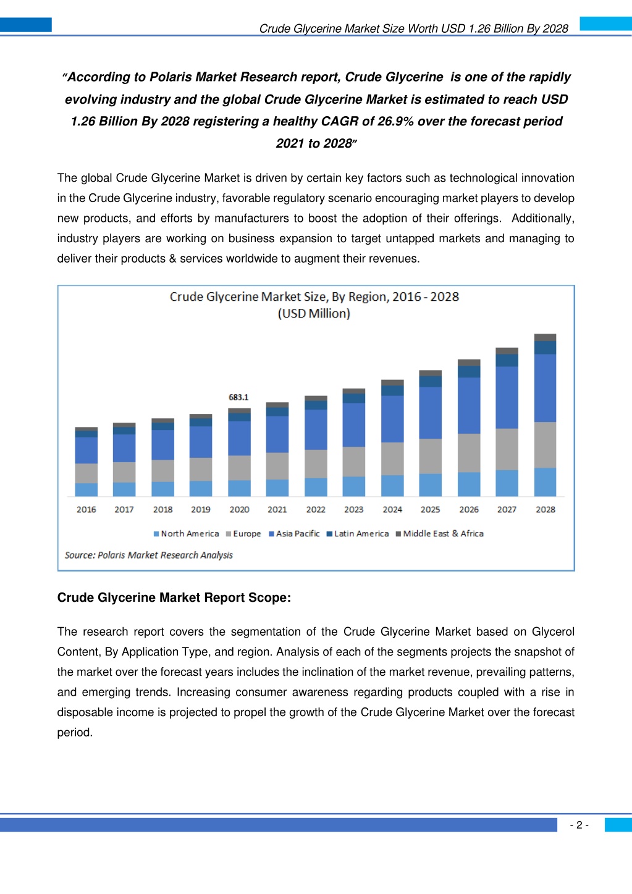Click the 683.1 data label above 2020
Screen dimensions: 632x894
pos(238,397)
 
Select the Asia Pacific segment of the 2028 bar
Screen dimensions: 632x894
pos(545,388)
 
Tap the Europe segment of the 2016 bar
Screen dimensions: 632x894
pos(86,473)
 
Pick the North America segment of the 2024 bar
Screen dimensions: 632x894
pos(392,486)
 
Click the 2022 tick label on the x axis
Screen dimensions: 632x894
pos(316,510)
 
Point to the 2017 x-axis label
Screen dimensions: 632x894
pos(124,510)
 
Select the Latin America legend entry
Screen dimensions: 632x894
pos(358,534)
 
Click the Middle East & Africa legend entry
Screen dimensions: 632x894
pos(440,534)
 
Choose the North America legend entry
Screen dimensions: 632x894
pos(187,534)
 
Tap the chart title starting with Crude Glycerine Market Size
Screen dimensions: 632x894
pos(314,297)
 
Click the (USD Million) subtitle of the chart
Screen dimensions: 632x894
pos(314,314)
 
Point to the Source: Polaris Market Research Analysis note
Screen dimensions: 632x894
pos(148,555)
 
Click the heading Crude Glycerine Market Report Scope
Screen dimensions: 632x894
pos(174,597)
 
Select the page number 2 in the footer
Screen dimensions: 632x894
pos(579,825)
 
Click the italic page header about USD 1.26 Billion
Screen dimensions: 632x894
pos(414,29)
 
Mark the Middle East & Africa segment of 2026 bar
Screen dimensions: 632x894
pos(469,363)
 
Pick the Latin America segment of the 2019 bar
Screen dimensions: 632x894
pos(201,422)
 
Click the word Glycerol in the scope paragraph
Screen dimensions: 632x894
pos(553,632)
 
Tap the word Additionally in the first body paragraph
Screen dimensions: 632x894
pos(543,218)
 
